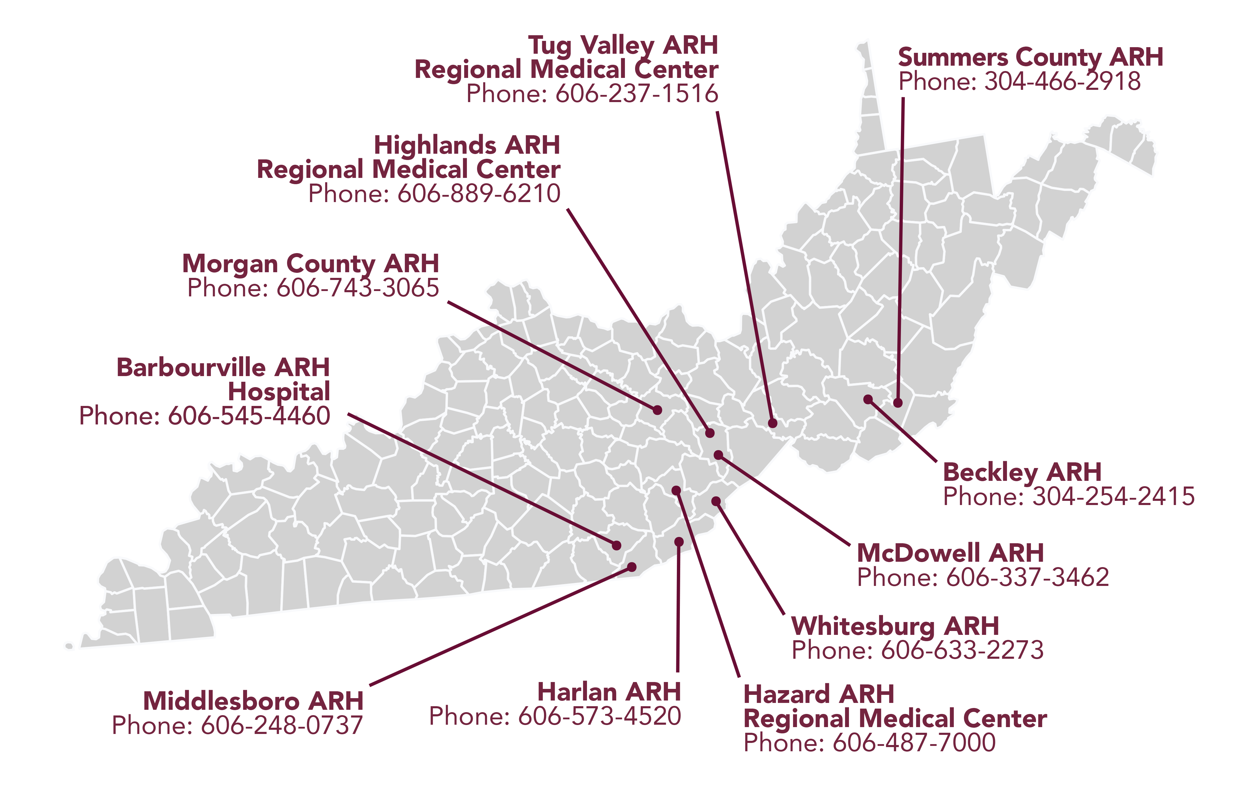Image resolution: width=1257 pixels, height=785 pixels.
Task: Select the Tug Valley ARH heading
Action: coord(623,46)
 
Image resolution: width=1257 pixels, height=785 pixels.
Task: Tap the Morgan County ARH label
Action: coord(311,264)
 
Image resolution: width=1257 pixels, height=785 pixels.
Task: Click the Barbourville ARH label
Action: coord(223,368)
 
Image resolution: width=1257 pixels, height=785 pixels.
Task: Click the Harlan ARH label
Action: coord(609,692)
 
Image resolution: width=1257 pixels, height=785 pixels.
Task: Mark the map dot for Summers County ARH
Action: coord(898,402)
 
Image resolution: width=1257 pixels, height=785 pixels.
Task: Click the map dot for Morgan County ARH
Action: coord(657,410)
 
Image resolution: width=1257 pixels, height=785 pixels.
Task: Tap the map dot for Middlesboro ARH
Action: coord(631,567)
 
